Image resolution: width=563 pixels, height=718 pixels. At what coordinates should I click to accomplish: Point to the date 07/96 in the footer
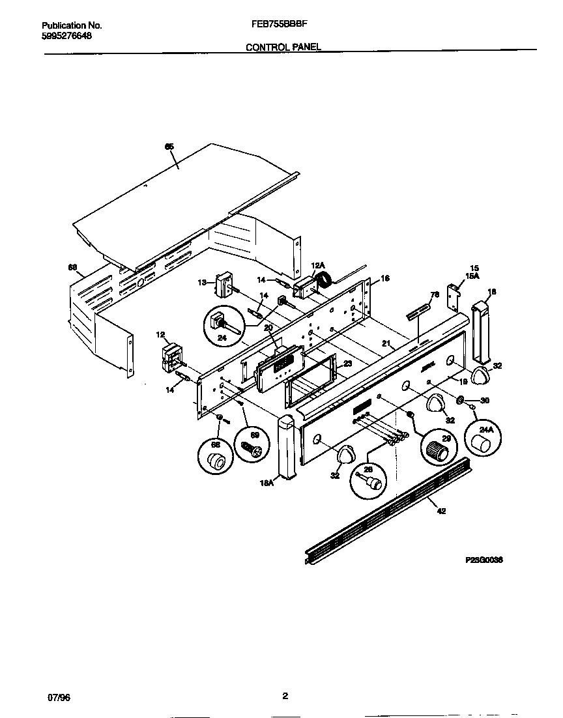click(59, 697)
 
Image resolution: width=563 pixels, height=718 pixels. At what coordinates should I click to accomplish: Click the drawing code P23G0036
click(485, 560)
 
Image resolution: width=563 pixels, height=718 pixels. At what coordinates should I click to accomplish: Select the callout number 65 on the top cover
click(169, 147)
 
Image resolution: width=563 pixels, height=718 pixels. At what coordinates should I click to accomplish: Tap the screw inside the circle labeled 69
click(250, 448)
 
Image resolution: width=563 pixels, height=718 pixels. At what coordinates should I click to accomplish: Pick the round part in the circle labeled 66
click(215, 462)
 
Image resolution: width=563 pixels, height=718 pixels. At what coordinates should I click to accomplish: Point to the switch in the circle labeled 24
click(220, 323)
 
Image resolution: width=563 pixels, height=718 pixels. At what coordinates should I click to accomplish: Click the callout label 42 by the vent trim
click(441, 511)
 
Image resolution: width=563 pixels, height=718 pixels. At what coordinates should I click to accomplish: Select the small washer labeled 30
click(461, 400)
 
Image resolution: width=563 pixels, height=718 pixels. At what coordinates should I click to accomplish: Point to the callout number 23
click(347, 364)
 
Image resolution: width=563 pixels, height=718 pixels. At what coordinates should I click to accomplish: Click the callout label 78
click(435, 295)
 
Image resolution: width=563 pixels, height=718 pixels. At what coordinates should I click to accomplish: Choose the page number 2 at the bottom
click(285, 696)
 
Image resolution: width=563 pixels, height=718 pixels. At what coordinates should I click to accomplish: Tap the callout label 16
click(386, 278)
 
